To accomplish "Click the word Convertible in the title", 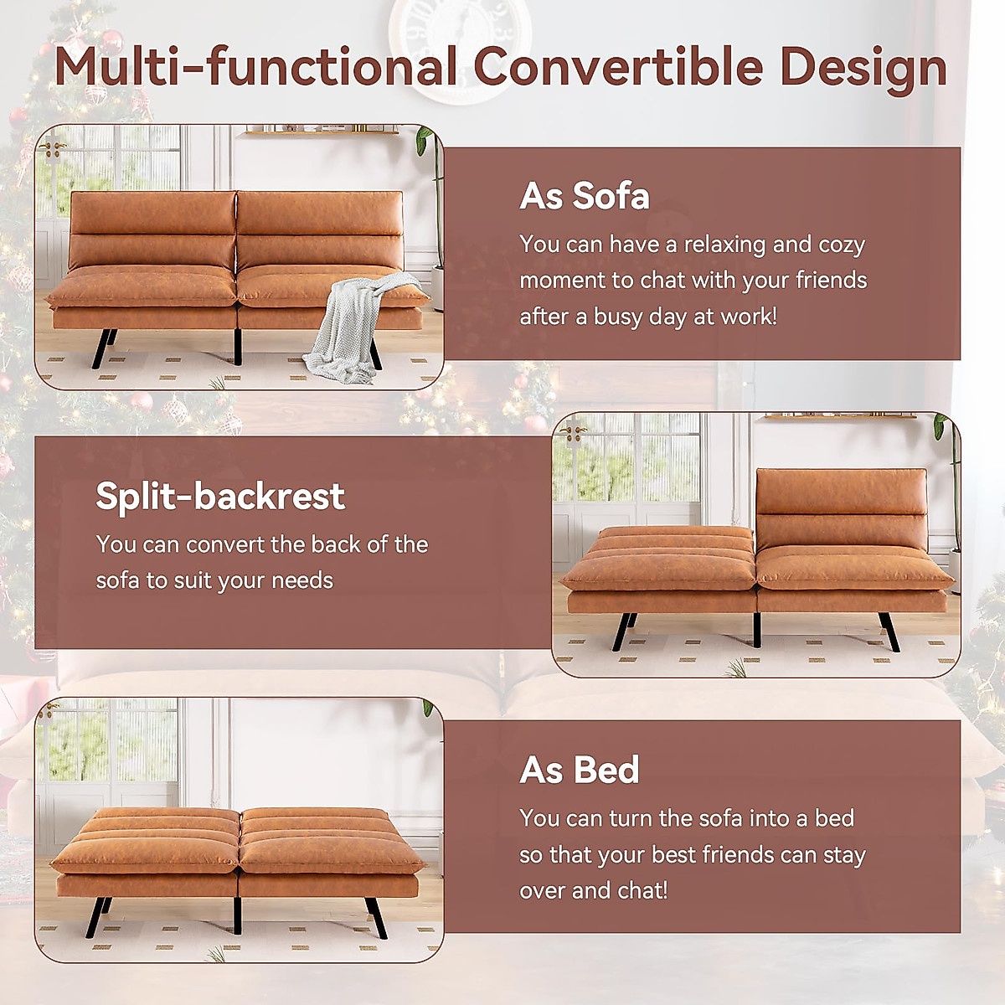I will click(x=617, y=67).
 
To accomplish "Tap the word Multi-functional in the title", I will click(x=255, y=67).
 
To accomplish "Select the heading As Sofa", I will click(x=584, y=196).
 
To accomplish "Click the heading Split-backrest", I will click(x=219, y=496).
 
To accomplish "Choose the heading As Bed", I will click(x=579, y=770).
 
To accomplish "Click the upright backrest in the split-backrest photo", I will click(x=841, y=507).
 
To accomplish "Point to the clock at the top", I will click(x=460, y=42).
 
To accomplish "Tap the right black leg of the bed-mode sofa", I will click(x=376, y=918).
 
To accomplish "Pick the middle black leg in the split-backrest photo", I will click(x=756, y=629).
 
